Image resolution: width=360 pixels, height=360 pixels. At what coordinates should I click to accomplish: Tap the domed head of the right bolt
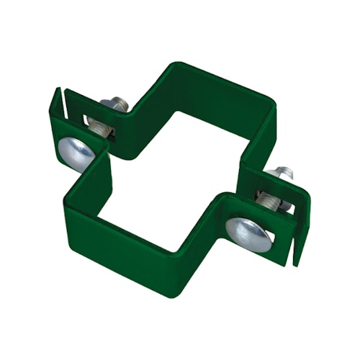click(248, 233)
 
